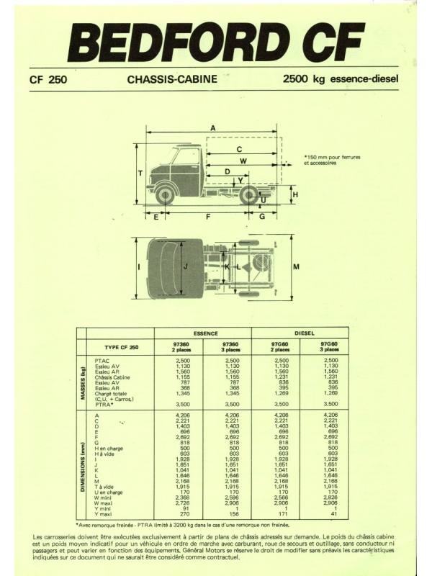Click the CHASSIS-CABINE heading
[x=172, y=79]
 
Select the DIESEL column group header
[x=305, y=333]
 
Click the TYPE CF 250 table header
[x=122, y=347]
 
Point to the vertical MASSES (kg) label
[x=84, y=384]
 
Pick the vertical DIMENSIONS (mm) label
[x=84, y=467]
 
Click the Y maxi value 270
[x=185, y=514]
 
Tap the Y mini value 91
[x=186, y=509]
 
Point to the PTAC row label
[x=102, y=361]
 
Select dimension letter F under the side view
[x=208, y=217]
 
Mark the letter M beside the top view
[x=296, y=267]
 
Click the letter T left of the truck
[x=140, y=174]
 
